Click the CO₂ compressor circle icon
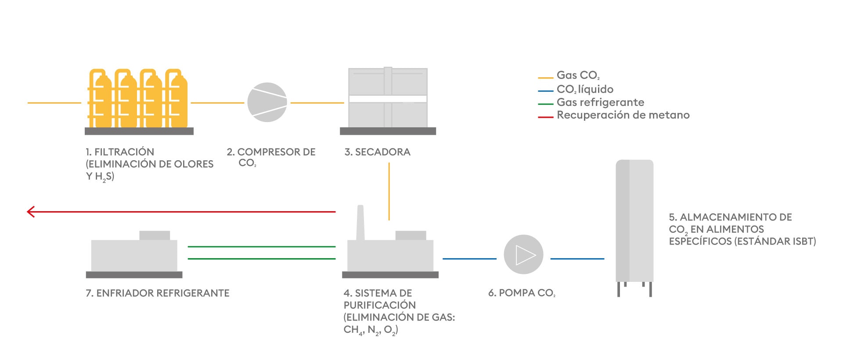267,102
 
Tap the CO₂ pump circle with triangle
523,255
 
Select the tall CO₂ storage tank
634,228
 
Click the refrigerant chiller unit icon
134,254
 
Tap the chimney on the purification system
360,223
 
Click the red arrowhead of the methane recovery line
31,212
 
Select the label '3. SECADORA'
378,152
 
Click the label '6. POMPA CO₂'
522,293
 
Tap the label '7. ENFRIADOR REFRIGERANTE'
158,293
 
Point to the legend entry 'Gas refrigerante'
600,102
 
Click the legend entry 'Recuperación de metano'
623,115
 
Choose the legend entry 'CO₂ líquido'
585,89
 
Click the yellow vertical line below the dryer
389,191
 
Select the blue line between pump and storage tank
577,259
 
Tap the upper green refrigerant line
262,247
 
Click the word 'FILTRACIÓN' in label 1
124,152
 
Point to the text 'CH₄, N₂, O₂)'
371,330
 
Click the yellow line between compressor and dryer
317,103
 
